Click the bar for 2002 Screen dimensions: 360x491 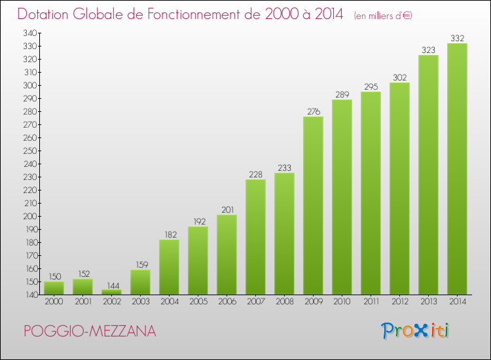111,292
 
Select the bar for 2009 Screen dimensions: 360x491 313,206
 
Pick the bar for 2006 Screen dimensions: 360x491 227,255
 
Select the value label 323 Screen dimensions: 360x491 428,50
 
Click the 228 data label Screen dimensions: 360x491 255,174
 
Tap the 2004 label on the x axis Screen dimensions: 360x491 169,302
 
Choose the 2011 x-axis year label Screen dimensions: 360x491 371,302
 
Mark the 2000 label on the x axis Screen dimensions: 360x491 54,302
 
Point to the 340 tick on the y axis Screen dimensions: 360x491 29,33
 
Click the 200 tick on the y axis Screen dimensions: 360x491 29,216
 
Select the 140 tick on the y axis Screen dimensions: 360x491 29,295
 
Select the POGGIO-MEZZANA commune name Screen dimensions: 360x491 90,332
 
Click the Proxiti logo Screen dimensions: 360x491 415,331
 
